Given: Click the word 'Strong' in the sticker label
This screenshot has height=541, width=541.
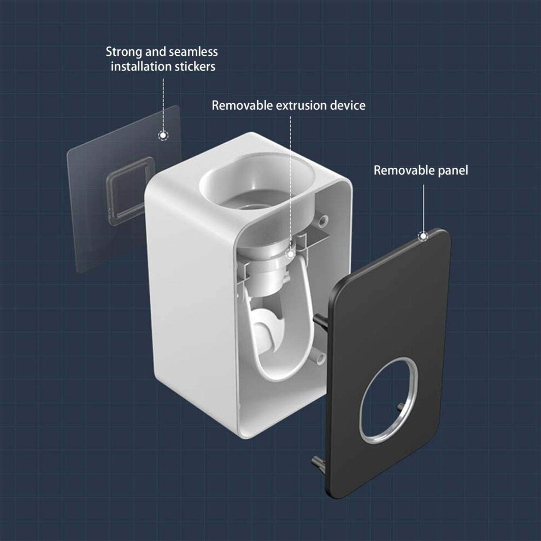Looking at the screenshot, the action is (x=124, y=52).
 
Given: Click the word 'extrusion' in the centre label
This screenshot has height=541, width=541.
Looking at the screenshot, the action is (x=301, y=105).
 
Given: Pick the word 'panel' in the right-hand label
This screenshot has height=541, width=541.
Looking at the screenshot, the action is (x=452, y=170).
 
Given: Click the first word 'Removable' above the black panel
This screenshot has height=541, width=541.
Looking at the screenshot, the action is (x=404, y=170).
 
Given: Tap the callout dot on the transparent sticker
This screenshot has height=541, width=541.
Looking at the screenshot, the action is (x=163, y=136).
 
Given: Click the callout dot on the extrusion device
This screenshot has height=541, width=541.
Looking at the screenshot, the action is (x=291, y=254).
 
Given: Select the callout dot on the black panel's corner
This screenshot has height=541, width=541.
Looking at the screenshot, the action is (x=423, y=237).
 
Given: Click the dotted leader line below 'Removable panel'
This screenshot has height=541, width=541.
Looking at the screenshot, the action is (x=424, y=208).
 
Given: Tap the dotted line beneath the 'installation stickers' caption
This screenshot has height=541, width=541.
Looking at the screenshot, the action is (x=163, y=104).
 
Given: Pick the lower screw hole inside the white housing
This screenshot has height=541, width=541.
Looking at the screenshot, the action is (x=321, y=359).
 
